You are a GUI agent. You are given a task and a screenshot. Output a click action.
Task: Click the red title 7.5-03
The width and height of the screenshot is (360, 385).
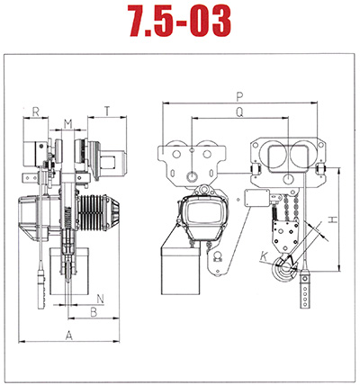point(180,21)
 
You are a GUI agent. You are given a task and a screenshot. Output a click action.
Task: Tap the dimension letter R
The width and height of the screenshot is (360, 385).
point(36,112)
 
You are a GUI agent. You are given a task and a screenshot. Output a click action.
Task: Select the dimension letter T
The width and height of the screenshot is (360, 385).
point(107,112)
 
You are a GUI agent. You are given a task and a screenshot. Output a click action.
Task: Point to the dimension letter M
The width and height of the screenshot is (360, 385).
point(68,124)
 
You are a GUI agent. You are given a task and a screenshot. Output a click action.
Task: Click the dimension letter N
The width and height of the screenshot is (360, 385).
point(101,299)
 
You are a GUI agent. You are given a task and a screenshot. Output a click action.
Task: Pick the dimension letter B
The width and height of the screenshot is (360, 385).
point(94,312)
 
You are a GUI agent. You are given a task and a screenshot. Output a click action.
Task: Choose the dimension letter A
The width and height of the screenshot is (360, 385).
point(69,336)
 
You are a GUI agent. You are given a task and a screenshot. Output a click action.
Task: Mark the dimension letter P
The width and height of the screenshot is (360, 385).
point(239,97)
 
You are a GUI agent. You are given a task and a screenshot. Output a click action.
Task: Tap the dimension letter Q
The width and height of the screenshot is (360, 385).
point(239,112)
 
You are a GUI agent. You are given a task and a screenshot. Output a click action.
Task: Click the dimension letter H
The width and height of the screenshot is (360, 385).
point(332,219)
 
